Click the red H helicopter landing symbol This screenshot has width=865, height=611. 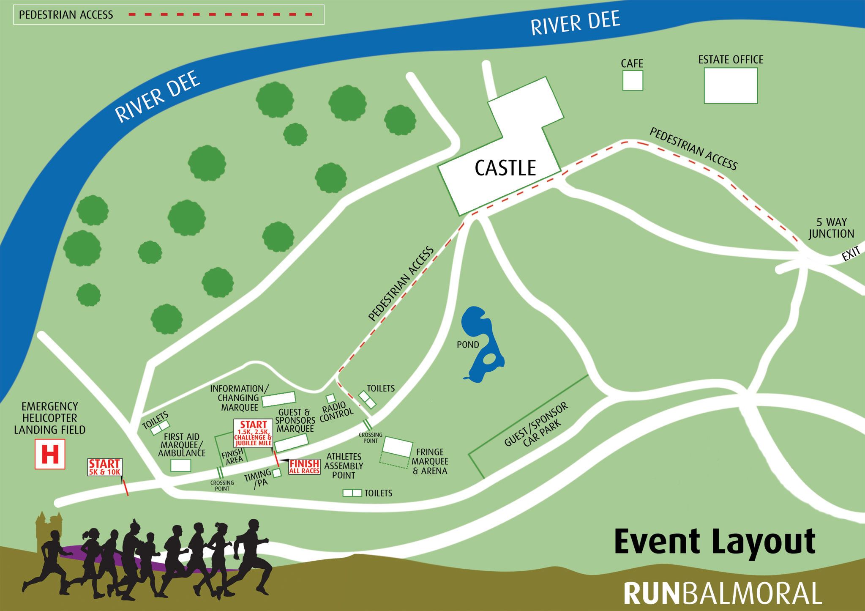point(50,454)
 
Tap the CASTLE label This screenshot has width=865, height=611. point(505,168)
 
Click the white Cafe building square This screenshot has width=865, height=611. point(633,80)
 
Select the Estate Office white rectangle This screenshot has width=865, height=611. point(731,85)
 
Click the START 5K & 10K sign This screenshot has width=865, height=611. point(105,467)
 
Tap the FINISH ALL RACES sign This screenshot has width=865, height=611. point(304,467)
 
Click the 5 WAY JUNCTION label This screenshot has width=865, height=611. point(831,228)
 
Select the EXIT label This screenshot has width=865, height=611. point(851,255)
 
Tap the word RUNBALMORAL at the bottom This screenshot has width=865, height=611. point(722,594)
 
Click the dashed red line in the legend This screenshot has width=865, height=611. point(220,15)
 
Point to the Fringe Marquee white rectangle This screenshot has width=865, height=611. point(397,447)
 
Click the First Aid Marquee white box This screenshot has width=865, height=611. point(180,466)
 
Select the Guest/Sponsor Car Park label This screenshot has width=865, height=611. point(537,425)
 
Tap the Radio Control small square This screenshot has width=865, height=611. point(330,398)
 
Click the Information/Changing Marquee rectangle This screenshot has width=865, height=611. point(278,399)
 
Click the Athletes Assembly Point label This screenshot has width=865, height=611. point(344,466)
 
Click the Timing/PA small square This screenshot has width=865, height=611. point(277,473)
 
